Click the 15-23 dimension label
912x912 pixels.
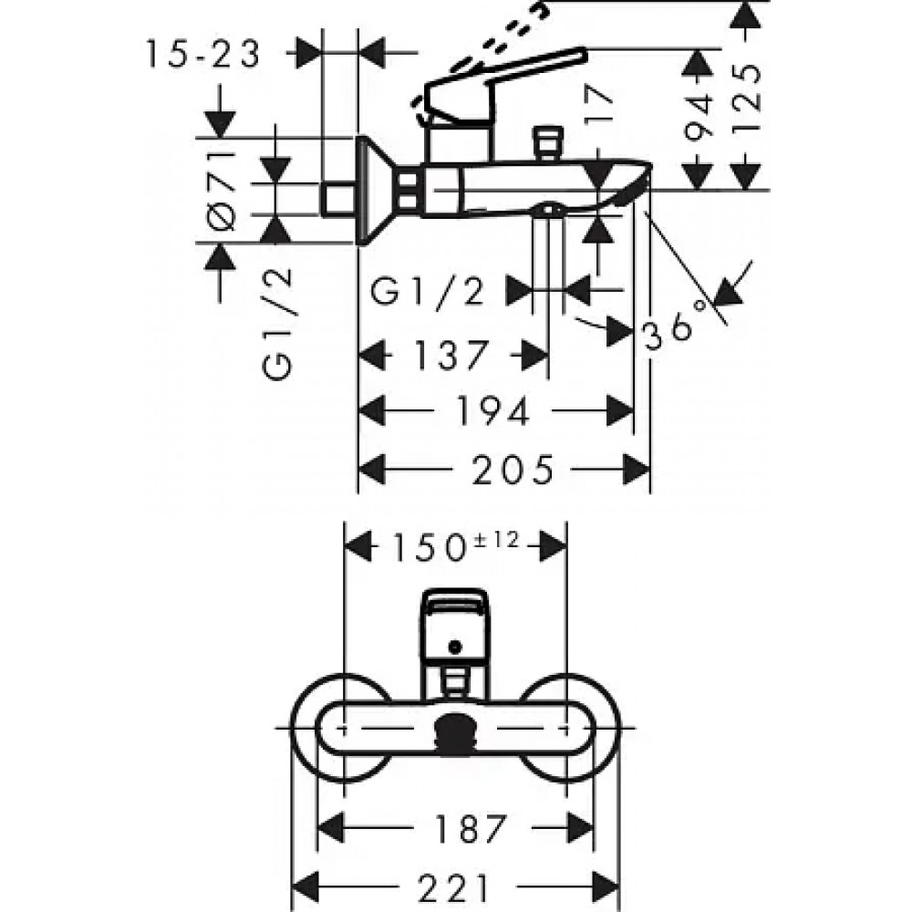[x=202, y=55]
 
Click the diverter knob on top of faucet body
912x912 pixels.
[x=548, y=141]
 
